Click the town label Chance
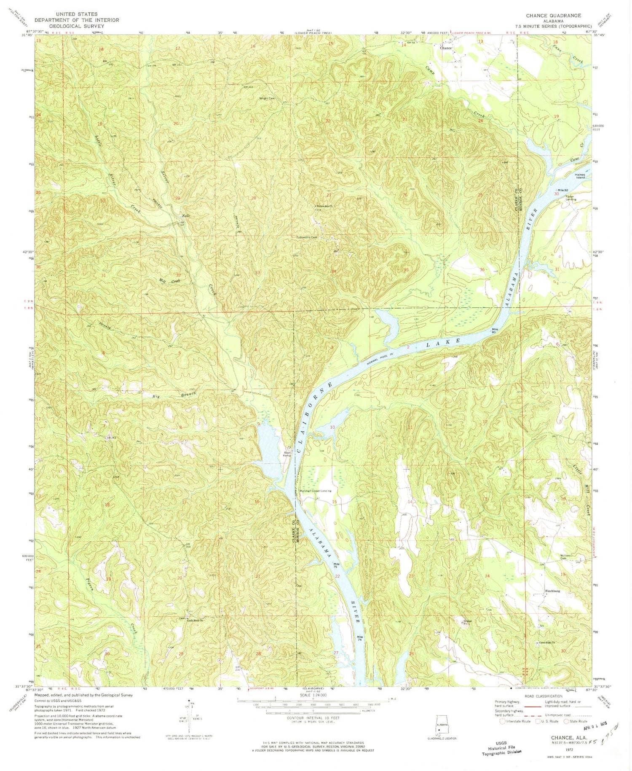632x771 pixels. point(446,48)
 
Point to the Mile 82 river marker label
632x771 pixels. point(564,190)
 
